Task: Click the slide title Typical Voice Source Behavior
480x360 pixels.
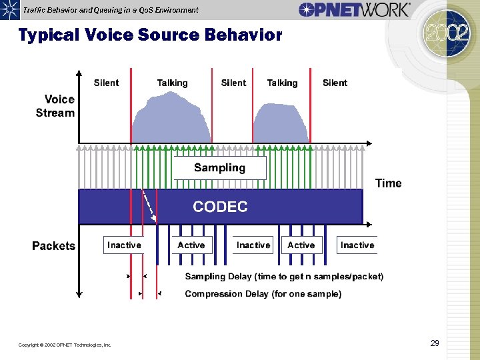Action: pos(150,35)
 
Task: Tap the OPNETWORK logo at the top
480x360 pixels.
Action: pos(354,9)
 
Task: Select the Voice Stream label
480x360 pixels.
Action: pos(56,106)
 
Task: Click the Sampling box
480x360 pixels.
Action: pos(219,168)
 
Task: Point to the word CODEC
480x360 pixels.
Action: pos(220,207)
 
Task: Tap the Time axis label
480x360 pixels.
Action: pos(389,183)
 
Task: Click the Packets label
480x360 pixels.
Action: pos(53,246)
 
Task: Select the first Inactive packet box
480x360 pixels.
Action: pos(124,245)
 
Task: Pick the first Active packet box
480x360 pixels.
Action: pos(191,245)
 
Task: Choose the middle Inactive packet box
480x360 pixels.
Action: pos(253,245)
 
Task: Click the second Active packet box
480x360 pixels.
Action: pos(301,245)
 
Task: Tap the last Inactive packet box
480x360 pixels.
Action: pos(357,245)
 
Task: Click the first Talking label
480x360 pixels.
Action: pos(172,83)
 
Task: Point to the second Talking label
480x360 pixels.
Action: pos(282,83)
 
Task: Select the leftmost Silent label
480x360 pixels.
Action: pos(107,83)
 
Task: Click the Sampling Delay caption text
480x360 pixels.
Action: pos(284,277)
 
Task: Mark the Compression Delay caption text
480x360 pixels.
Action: pos(263,294)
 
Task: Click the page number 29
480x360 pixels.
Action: pos(435,343)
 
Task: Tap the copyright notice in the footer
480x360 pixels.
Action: pos(65,345)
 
